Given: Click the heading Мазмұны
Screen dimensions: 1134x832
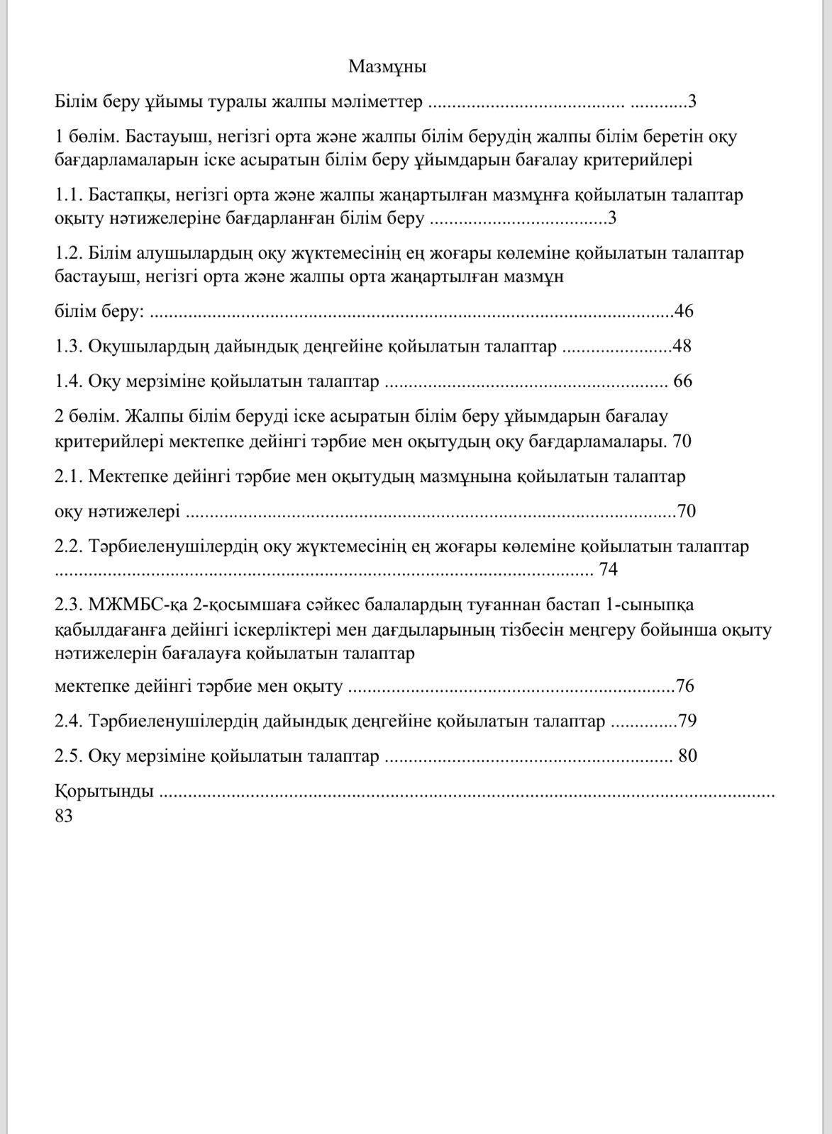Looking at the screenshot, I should [387, 67].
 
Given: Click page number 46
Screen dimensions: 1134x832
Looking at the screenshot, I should [684, 311].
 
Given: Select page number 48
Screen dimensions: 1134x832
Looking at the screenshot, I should [682, 346].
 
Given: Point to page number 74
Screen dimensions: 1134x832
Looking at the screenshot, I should [609, 570].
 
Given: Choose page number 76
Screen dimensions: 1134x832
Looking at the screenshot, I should [685, 686].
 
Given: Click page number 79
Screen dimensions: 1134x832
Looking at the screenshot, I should [687, 722].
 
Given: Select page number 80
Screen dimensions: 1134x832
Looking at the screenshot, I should [687, 756].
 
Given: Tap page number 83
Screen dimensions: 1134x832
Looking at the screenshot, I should [64, 816].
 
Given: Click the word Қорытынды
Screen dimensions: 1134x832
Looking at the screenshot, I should [104, 791].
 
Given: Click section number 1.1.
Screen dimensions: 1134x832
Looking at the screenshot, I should [70, 195].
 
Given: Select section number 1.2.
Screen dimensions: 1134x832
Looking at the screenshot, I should [70, 254].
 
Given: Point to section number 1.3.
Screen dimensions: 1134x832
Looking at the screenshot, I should [70, 346].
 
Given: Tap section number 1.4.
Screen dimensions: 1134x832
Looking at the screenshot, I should [70, 381].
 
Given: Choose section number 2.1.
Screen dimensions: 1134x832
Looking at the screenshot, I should [70, 476].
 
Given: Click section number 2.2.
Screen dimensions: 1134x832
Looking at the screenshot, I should [70, 547].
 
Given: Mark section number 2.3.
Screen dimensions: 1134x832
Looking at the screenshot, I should [70, 605].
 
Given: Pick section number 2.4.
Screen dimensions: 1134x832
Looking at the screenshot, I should [70, 722].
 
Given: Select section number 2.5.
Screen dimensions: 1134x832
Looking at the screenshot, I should [70, 756].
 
